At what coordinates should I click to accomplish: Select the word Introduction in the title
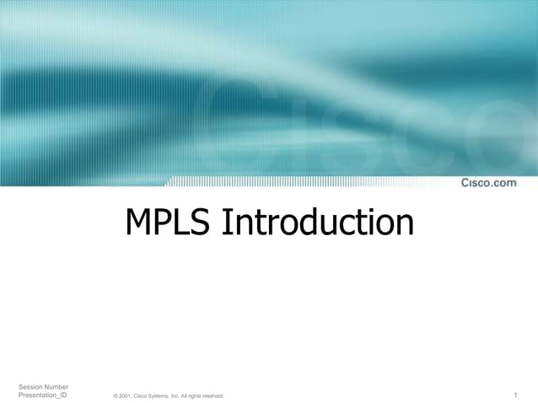click(x=318, y=223)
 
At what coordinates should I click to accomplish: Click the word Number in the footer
click(x=57, y=386)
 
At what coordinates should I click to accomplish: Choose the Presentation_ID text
click(x=43, y=395)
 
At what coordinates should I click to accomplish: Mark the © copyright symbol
click(x=116, y=396)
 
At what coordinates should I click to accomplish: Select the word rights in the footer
click(x=194, y=396)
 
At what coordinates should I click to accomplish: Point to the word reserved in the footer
click(x=213, y=396)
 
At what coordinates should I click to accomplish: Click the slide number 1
click(x=515, y=395)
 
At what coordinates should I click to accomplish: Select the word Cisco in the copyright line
click(x=140, y=396)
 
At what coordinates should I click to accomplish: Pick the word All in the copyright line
click(x=185, y=396)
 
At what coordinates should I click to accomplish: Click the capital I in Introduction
click(x=225, y=223)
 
